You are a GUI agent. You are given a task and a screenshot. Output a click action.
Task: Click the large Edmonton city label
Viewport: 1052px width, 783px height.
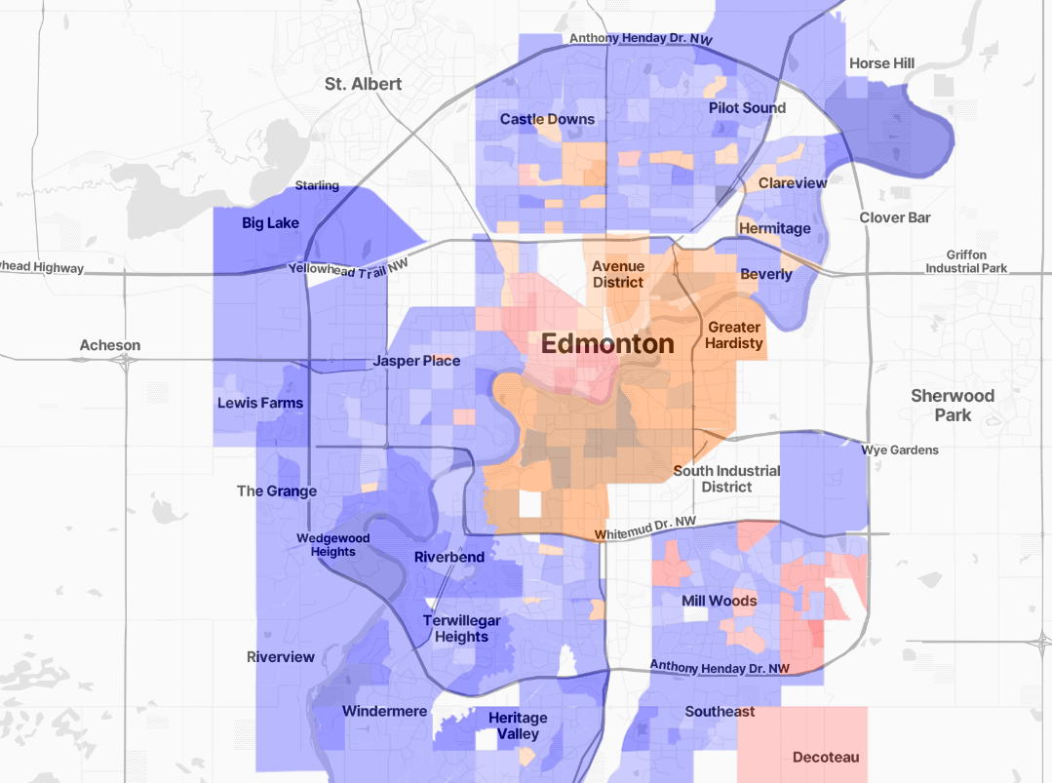click(606, 344)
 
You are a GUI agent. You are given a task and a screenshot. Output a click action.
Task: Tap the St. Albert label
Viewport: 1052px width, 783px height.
click(363, 84)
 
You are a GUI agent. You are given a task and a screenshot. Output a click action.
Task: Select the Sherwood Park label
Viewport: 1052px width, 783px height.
click(952, 405)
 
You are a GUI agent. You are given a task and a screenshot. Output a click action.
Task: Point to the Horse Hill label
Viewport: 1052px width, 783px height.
click(881, 63)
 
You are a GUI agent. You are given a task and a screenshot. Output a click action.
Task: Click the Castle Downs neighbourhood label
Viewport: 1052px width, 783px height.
click(547, 119)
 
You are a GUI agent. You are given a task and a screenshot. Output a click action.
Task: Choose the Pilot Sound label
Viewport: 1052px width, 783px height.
click(747, 107)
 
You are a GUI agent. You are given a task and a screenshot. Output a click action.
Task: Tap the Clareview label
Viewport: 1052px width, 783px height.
click(792, 183)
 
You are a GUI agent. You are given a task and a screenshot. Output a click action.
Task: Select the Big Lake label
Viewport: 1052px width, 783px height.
click(270, 223)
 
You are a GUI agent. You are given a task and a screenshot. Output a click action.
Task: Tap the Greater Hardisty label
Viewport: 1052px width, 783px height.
click(734, 335)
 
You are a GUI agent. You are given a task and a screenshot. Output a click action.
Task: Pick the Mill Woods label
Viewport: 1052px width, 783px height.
click(719, 601)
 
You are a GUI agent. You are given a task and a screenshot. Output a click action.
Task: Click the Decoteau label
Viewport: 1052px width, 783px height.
click(826, 757)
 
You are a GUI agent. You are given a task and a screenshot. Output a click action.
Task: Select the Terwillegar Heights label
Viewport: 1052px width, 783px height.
click(461, 629)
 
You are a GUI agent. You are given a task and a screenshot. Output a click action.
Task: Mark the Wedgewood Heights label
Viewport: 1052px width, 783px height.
click(333, 545)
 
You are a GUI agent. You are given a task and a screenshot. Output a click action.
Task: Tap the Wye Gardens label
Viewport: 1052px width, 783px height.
click(899, 450)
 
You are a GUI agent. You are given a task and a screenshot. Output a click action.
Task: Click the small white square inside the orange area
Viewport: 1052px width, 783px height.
click(529, 503)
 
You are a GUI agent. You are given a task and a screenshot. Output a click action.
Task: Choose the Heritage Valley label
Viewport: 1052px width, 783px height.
click(518, 725)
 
